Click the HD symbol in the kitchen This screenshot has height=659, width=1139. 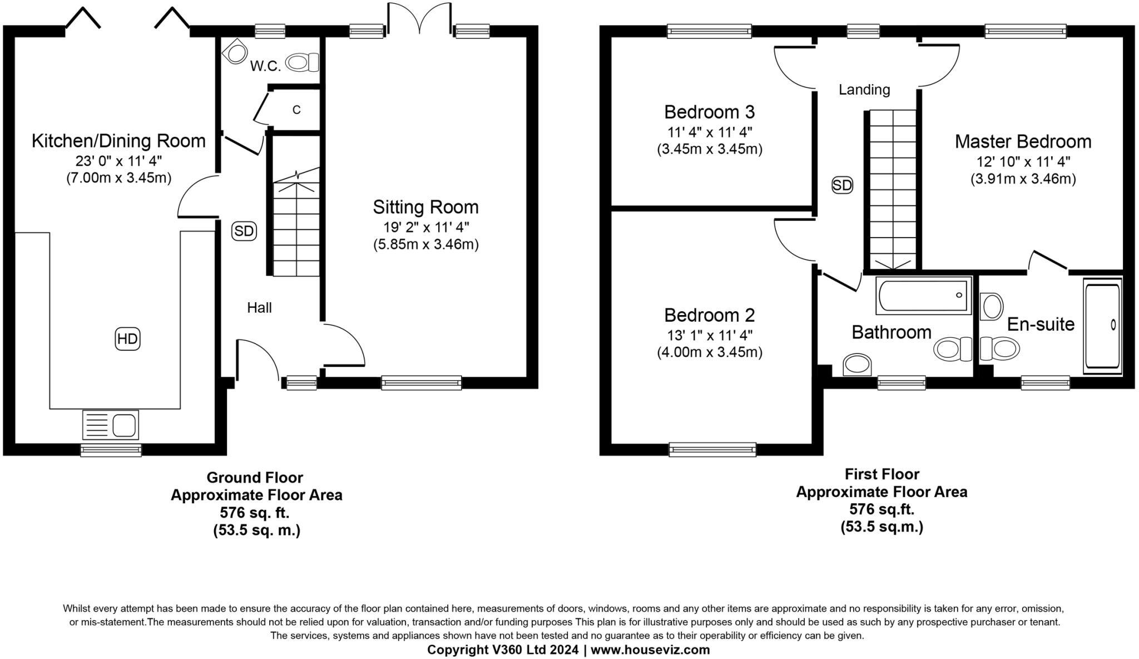(x=127, y=339)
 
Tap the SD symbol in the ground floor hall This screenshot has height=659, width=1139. (x=244, y=231)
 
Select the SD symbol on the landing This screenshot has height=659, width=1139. (x=842, y=185)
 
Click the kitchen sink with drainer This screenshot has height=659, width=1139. (x=110, y=425)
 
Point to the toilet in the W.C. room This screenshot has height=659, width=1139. (x=303, y=62)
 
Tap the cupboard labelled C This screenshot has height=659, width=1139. (x=296, y=110)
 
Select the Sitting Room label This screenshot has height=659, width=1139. (x=425, y=207)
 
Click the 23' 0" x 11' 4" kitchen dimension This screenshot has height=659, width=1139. (x=118, y=161)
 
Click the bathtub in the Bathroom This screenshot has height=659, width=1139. (x=923, y=295)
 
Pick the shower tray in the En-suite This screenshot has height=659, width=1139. (x=1102, y=326)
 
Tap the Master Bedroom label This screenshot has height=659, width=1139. (x=1023, y=141)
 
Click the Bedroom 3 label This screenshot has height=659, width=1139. (x=709, y=112)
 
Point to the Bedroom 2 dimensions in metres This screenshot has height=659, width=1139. (x=709, y=352)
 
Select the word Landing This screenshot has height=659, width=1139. (x=864, y=90)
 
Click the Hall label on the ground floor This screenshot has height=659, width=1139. (x=259, y=308)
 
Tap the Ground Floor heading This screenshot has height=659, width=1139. (x=255, y=478)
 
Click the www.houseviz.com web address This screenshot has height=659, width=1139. (x=650, y=650)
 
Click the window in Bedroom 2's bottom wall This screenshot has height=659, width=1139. (x=712, y=449)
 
